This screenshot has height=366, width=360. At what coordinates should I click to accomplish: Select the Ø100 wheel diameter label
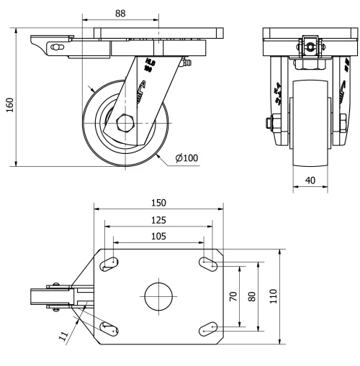[185, 158]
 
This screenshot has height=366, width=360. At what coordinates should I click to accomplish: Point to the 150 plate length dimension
[158, 203]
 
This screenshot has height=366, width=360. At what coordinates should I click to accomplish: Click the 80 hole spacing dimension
[251, 296]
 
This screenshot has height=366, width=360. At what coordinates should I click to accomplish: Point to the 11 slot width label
[63, 334]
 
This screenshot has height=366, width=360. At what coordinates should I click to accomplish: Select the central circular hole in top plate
[158, 296]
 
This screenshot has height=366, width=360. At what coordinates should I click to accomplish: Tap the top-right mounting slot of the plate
[208, 265]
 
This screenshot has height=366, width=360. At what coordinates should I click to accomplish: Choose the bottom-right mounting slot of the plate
[208, 328]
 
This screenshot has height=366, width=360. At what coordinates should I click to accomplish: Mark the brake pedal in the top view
[43, 297]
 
